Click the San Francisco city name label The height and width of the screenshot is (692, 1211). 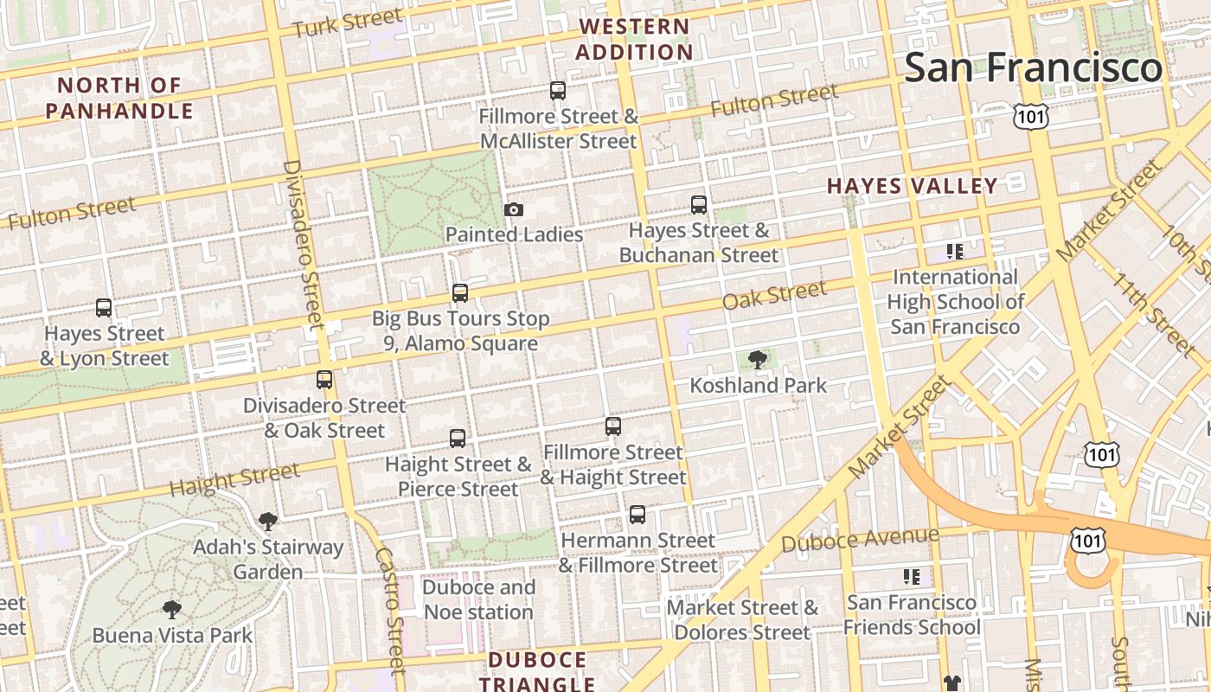1033,67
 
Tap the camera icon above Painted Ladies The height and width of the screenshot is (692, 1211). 514,210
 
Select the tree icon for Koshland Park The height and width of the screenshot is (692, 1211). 758,360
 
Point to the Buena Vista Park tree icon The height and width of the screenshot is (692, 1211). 172,610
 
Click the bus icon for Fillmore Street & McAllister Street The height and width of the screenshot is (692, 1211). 558,91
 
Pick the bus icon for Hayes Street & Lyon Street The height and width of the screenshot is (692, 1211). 104,308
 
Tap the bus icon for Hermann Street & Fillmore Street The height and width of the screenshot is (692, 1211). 638,515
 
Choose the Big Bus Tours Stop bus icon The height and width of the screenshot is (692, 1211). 460,293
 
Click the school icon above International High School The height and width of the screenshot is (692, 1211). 954,252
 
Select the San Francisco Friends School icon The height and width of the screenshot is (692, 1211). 911,577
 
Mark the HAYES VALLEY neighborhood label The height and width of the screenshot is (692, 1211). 913,186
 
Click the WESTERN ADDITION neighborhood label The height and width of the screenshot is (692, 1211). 634,39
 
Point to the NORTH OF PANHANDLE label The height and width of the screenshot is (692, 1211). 119,98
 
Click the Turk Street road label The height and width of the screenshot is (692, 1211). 347,22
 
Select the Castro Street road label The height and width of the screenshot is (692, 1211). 390,610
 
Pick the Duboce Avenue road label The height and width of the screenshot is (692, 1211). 859,539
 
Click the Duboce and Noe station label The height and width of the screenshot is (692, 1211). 478,599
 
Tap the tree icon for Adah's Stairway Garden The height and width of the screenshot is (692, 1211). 268,521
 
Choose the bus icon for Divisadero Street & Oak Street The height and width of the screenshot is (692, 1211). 324,380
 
